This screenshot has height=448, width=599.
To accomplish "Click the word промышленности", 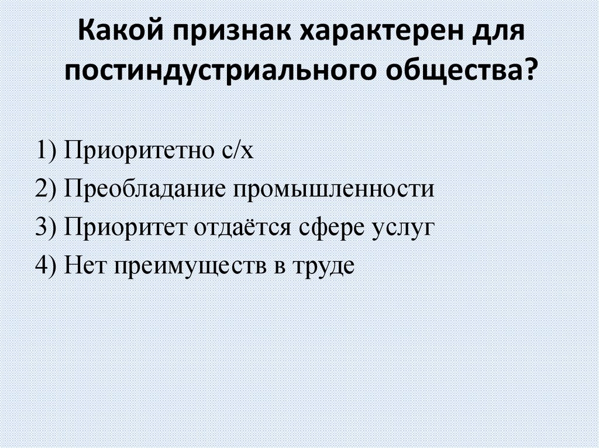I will [x=335, y=189].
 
